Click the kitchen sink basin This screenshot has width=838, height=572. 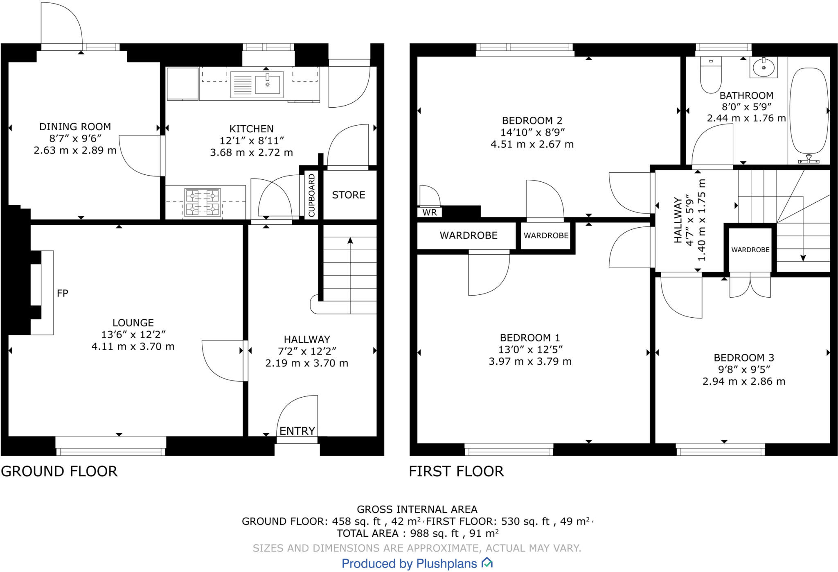click(267, 84)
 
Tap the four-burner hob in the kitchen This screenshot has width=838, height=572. click(203, 202)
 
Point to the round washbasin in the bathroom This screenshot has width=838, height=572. click(764, 68)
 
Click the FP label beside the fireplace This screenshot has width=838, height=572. click(62, 293)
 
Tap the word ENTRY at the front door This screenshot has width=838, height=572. click(297, 431)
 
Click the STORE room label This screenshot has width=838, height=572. click(348, 195)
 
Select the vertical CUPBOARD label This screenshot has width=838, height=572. click(311, 195)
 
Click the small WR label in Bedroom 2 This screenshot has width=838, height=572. click(430, 212)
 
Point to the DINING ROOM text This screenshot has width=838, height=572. click(75, 127)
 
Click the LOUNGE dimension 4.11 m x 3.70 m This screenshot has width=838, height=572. click(133, 346)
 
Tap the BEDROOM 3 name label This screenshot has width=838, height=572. click(743, 357)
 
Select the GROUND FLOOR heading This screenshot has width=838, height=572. click(59, 471)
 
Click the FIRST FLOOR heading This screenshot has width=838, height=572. click(456, 471)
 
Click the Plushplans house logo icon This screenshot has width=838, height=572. click(487, 563)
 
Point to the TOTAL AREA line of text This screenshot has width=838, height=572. click(417, 533)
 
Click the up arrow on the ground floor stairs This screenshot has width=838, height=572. click(350, 241)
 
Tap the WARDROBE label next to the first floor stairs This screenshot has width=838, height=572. click(750, 250)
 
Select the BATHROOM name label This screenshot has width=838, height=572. click(746, 95)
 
